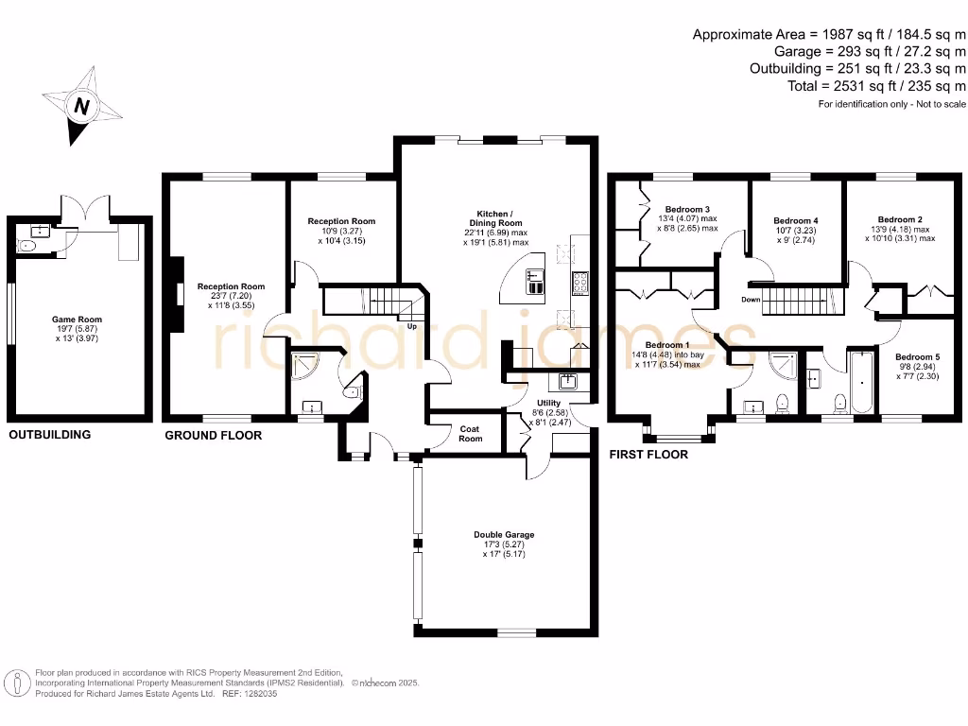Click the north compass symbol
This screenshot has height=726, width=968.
click(82, 106)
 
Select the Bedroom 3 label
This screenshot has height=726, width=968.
click(687, 209)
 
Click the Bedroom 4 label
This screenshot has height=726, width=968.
click(795, 221)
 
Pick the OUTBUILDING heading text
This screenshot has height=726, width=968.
click(50, 436)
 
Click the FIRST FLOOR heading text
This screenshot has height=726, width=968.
click(648, 455)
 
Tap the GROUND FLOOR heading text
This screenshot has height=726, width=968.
click(213, 436)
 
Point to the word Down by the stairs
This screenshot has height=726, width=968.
click(752, 300)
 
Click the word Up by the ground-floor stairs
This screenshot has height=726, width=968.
click(413, 327)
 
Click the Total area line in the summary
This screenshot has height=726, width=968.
click(877, 86)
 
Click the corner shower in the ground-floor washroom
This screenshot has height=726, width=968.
click(305, 364)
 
